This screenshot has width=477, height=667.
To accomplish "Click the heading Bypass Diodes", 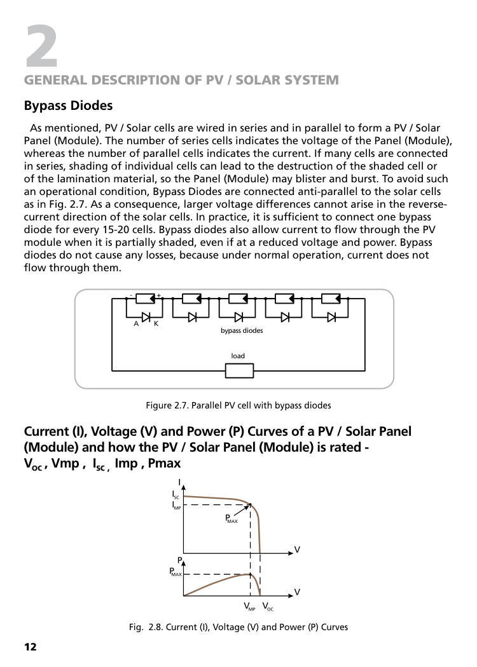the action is point(68,105).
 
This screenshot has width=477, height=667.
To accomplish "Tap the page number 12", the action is point(31,647).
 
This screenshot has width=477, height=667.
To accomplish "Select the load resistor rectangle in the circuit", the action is point(239,370).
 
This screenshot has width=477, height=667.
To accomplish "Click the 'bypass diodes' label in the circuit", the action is point(242,330).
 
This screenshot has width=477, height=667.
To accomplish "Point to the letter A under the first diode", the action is point(136,324).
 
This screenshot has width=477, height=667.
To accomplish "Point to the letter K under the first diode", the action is point(156,324).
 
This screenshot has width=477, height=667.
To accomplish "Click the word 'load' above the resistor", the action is point(238,356).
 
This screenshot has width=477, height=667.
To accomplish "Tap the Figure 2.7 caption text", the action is point(238,405).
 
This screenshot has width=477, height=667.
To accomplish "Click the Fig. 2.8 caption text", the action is point(238,627).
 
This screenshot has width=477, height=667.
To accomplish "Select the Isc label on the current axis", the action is point(176,495).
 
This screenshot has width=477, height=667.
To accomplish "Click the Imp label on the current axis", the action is point(176,506).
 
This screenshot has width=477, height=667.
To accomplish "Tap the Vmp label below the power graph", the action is point(249,606).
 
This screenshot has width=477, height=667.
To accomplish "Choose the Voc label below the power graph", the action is point(268,606).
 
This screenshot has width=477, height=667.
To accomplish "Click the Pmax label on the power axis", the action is point(176,572).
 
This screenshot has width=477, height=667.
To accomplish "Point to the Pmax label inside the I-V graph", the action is point(232,518).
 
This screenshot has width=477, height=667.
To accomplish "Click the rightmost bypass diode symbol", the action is point(331,318).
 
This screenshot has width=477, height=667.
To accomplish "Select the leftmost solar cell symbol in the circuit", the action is point(146,299).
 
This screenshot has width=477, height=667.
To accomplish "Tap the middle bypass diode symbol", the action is point(238,318).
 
